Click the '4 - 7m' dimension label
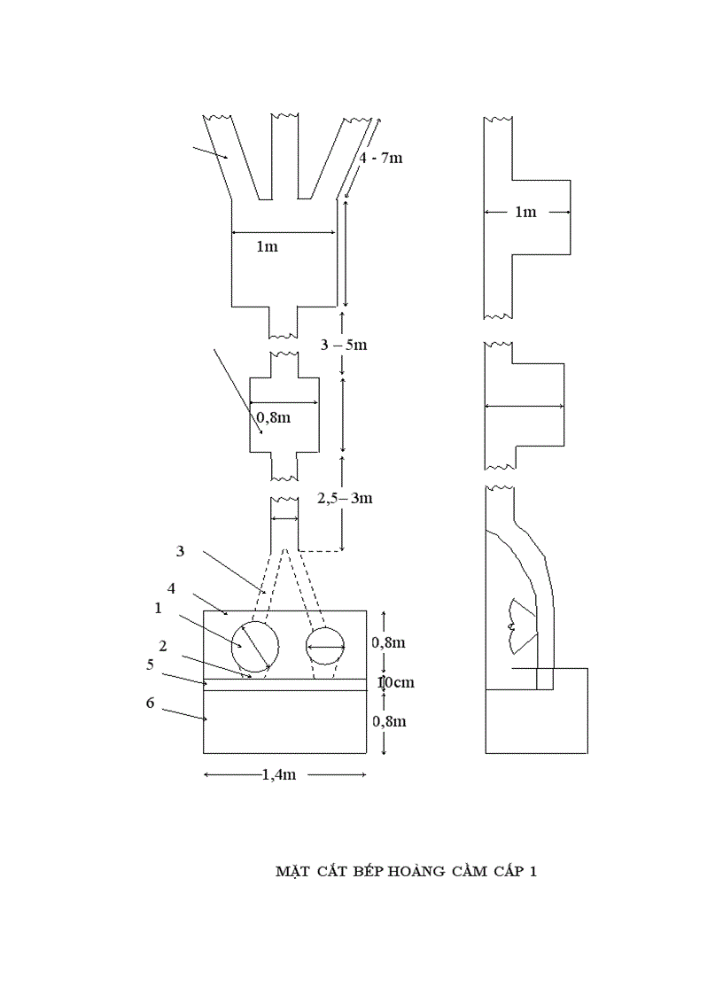point(381,158)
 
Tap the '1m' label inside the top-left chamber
point(267,246)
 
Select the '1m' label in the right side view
point(525,212)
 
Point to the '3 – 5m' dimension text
point(344,344)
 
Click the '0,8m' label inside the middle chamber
point(273,416)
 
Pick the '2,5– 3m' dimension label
point(345,498)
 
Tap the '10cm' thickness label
point(395,682)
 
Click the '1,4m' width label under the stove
point(278,774)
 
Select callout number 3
point(180,551)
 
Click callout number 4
point(172,587)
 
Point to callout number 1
point(158,609)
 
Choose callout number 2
point(163,646)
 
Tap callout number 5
point(150,664)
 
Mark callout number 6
point(150,703)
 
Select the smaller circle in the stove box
point(325,648)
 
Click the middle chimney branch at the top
point(284,155)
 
